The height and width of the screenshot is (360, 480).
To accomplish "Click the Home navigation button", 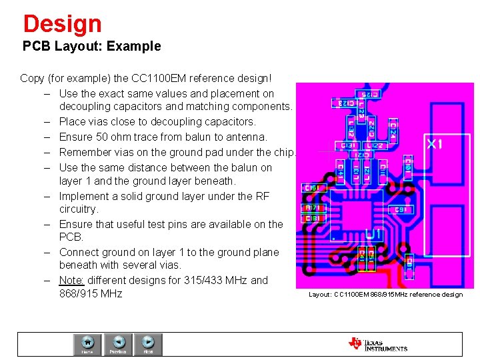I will (87, 344).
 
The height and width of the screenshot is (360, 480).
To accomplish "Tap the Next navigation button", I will (149, 344).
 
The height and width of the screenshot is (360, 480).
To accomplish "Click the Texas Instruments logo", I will (377, 344).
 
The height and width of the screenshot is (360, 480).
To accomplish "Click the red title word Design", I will (62, 24).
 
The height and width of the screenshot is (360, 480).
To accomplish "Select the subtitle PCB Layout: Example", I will (92, 47).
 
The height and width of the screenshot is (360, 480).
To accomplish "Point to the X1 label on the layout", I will (435, 144).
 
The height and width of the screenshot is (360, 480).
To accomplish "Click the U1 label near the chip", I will (373, 233).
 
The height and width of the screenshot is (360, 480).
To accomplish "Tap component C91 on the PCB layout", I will (400, 209).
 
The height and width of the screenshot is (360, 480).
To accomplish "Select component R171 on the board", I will (312, 208).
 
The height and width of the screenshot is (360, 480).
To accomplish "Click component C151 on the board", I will (312, 189).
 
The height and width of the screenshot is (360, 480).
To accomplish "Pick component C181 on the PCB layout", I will (312, 218).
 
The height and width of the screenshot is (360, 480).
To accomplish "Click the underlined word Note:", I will (71, 281).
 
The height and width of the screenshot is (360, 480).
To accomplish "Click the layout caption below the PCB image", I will (385, 295).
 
